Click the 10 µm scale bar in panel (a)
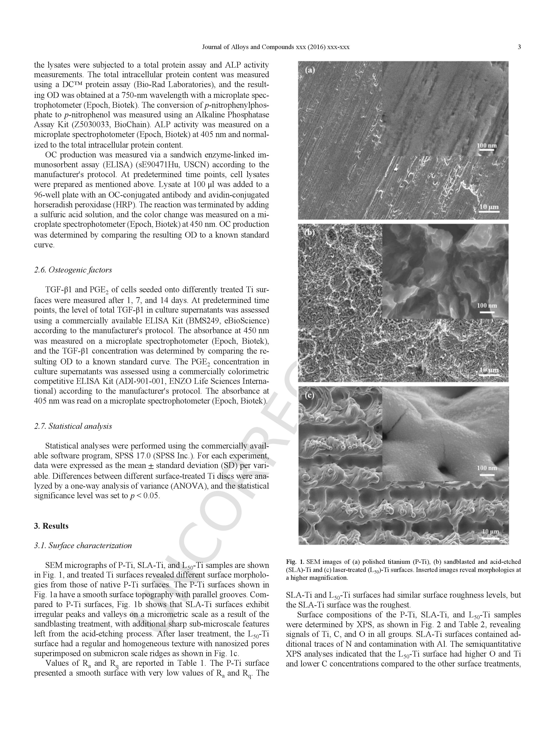pos(489,209)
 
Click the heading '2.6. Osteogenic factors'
pos(73,270)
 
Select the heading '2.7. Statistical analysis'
pos(73,426)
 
